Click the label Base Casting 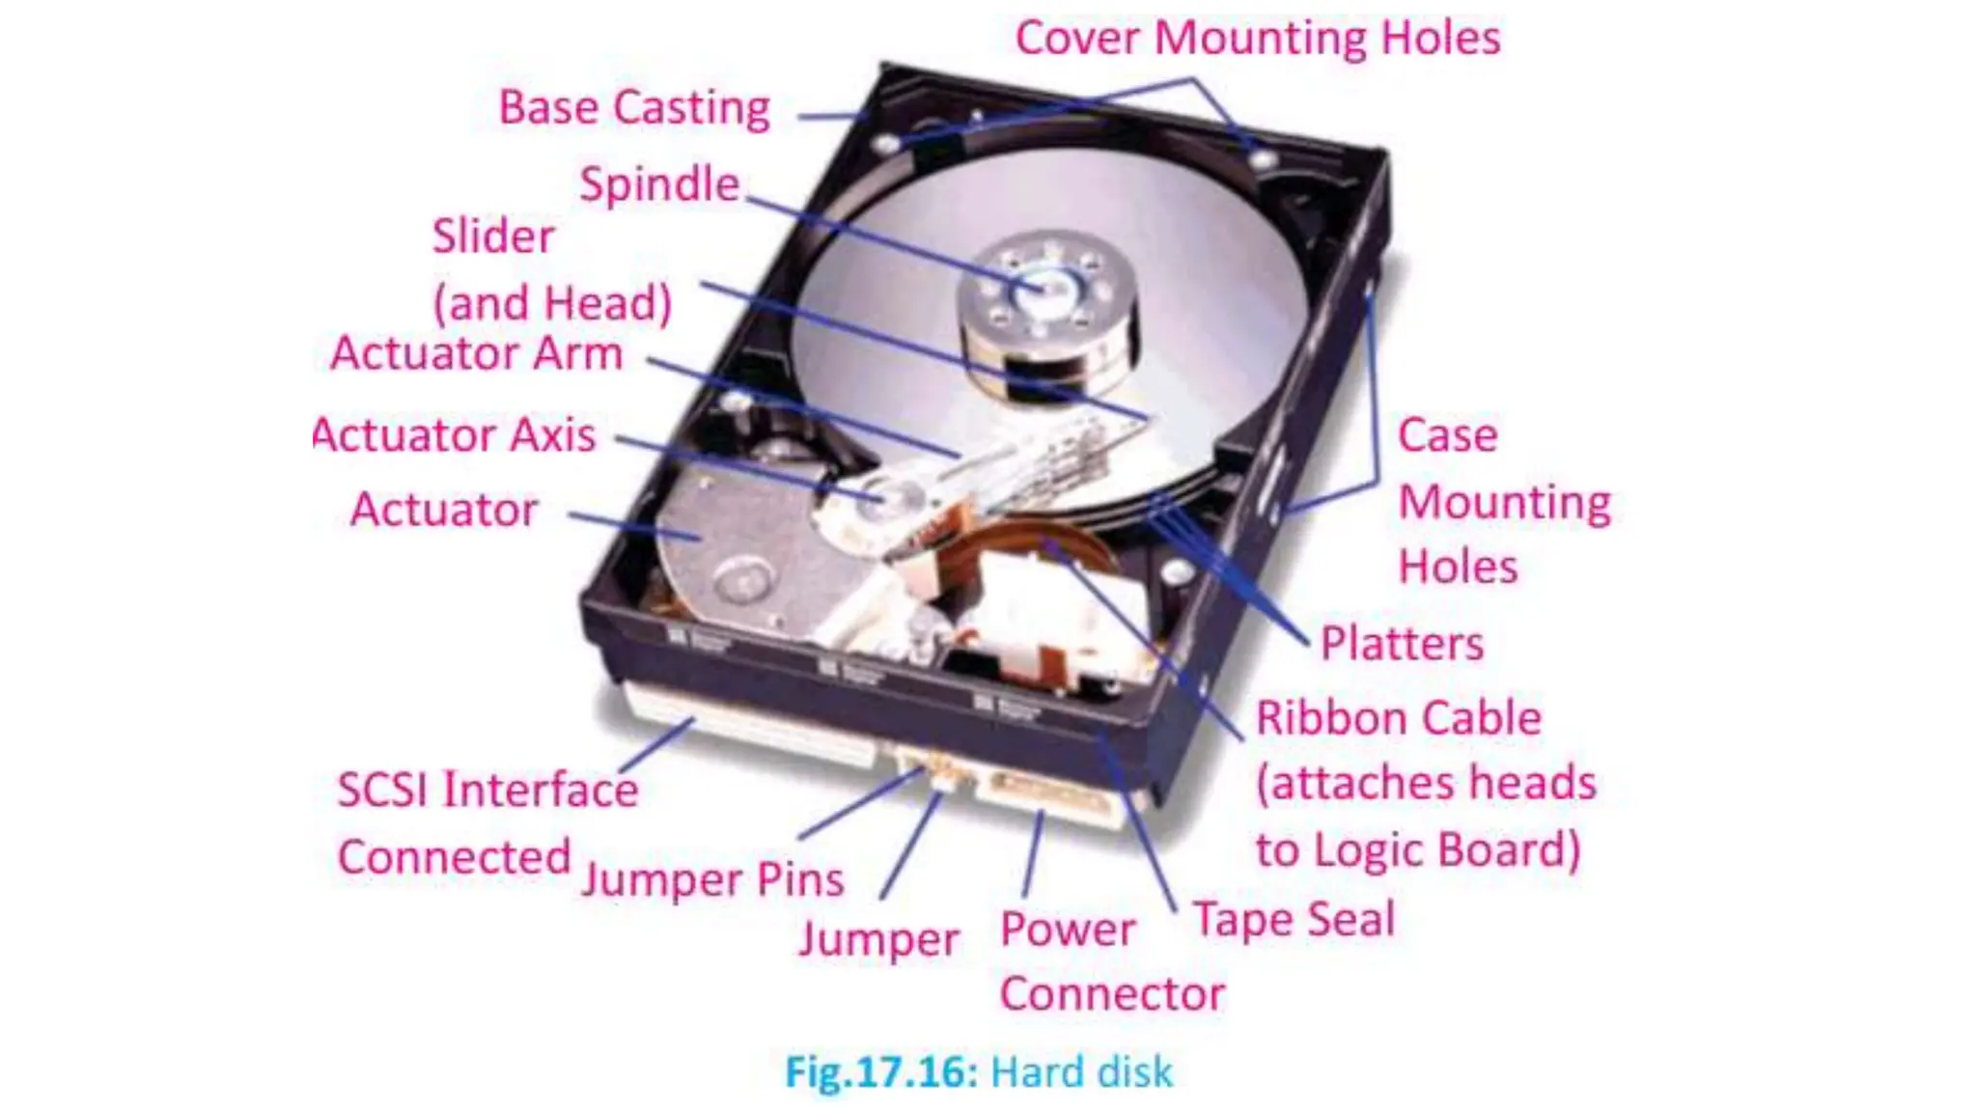(x=634, y=107)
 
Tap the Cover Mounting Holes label (x=1258, y=39)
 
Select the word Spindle (x=659, y=183)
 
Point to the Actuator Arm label (x=476, y=353)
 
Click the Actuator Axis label (x=455, y=435)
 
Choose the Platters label (x=1402, y=644)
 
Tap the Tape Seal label (x=1295, y=918)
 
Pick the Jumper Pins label (x=712, y=879)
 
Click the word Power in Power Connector (x=1068, y=930)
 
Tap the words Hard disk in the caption (x=1082, y=1072)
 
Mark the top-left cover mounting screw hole (x=885, y=145)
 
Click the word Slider (x=493, y=236)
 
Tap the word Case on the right (x=1448, y=435)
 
